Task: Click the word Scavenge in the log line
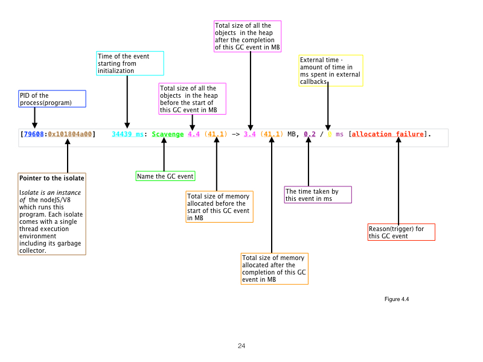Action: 168,134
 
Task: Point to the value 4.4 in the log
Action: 193,134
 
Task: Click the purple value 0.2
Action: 309,134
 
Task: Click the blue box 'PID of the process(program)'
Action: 52,99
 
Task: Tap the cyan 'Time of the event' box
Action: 130,63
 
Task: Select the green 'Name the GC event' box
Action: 165,176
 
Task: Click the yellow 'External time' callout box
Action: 331,71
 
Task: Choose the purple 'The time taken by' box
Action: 318,195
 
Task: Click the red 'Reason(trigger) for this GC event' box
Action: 401,232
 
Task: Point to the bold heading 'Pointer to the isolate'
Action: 51,179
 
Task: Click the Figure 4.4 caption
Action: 397,299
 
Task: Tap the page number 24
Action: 241,346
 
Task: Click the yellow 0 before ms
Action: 330,134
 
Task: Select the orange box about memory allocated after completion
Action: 275,268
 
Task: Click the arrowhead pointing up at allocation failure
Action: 398,142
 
